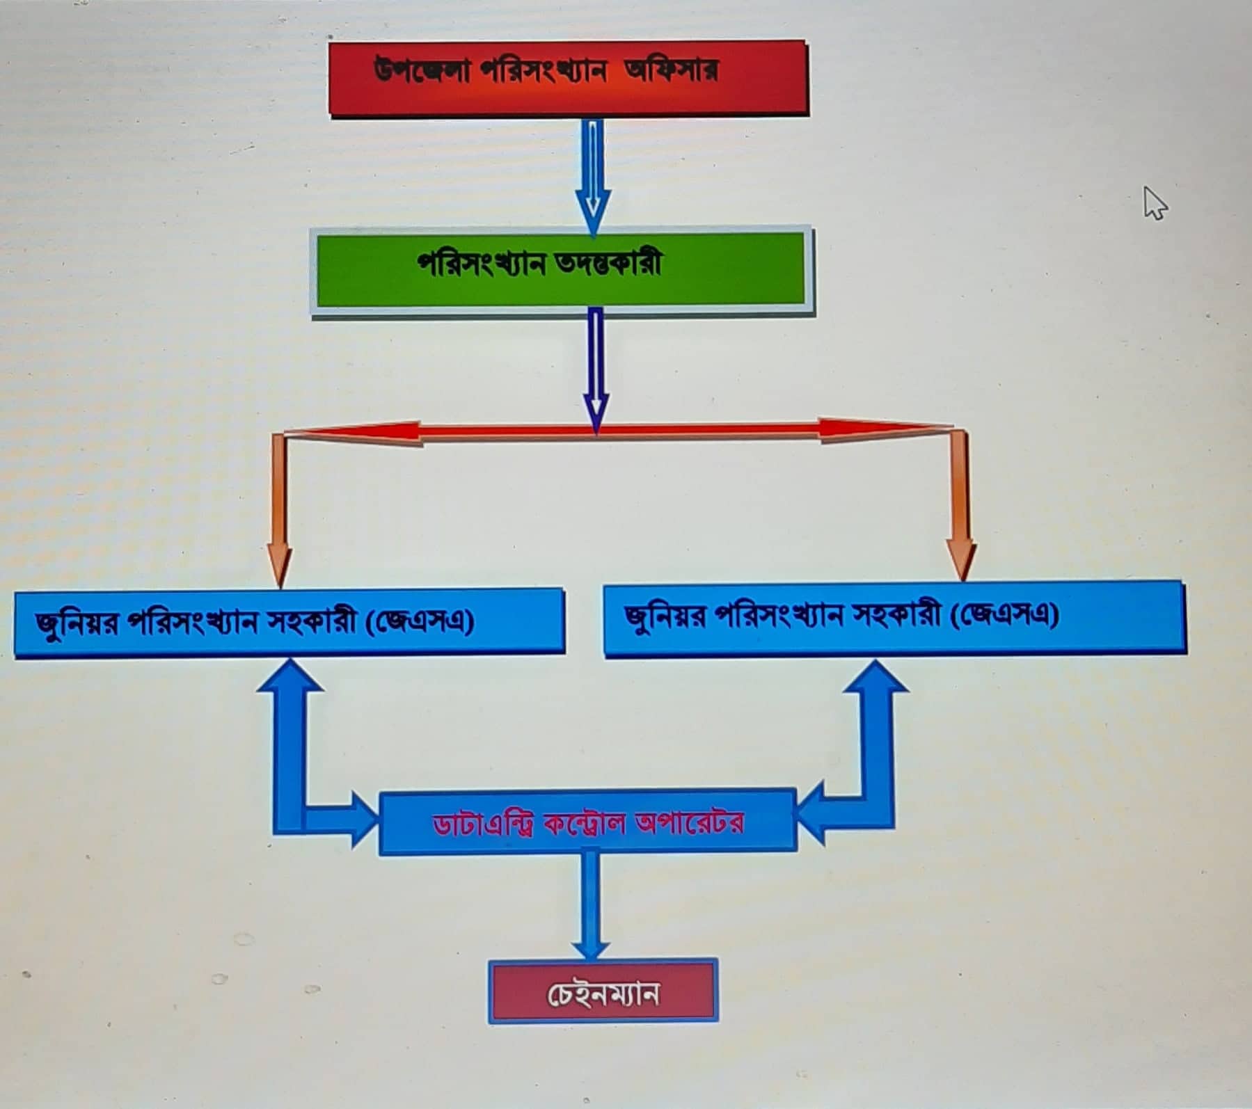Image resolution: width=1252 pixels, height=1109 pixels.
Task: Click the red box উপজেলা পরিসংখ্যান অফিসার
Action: [567, 78]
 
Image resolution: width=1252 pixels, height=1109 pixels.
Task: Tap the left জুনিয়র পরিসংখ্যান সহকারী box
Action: [289, 621]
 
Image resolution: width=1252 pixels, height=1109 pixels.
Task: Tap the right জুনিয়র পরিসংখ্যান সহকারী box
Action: [894, 618]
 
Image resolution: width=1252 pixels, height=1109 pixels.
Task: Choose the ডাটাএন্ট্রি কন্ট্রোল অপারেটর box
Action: [587, 822]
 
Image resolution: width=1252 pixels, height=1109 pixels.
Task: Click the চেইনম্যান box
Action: [603, 991]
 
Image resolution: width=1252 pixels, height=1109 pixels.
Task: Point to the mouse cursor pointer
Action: [1154, 203]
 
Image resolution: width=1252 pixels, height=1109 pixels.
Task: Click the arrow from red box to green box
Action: [593, 174]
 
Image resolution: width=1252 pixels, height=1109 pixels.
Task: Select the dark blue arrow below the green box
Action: [596, 369]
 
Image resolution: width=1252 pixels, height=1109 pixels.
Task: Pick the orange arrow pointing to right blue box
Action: [961, 508]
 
